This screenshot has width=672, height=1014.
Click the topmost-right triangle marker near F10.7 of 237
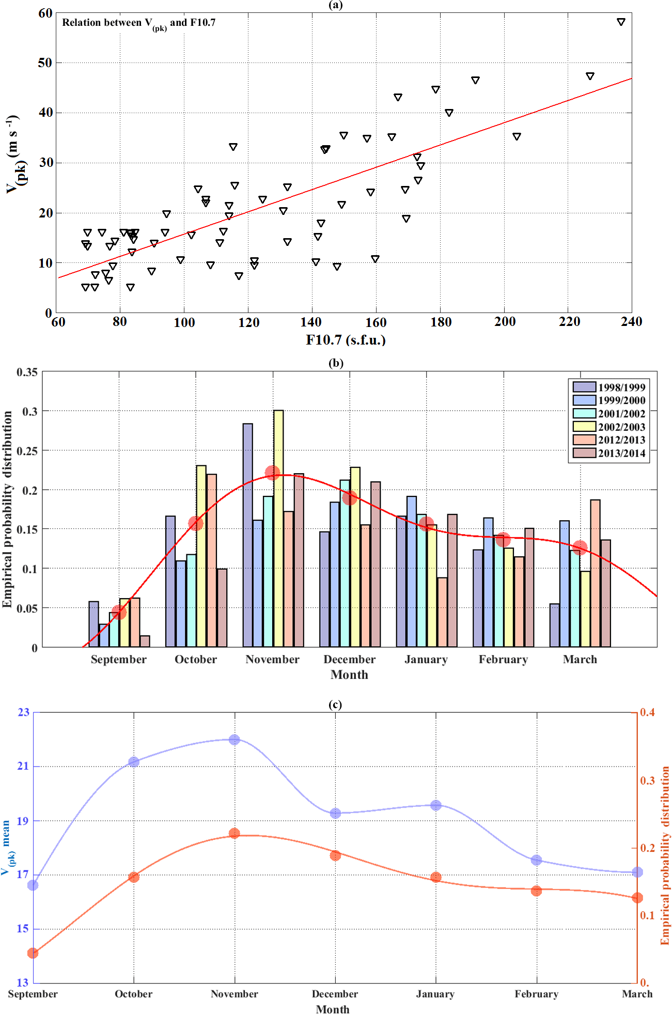pyautogui.click(x=621, y=22)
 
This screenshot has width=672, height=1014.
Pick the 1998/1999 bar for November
pyautogui.click(x=248, y=535)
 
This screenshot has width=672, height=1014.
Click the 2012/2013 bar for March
pyautogui.click(x=595, y=573)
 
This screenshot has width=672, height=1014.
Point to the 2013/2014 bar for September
pyautogui.click(x=145, y=641)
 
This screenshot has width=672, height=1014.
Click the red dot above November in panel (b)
pyautogui.click(x=272, y=473)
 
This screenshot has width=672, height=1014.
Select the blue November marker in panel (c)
pyautogui.click(x=235, y=740)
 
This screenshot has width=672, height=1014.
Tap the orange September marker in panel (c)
pyautogui.click(x=33, y=953)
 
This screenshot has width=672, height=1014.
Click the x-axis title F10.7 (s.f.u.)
pyautogui.click(x=346, y=340)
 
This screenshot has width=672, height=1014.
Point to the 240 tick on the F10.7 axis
pyautogui.click(x=631, y=322)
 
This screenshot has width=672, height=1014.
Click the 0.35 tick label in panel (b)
pyautogui.click(x=27, y=372)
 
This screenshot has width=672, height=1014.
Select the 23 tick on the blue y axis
pyautogui.click(x=23, y=712)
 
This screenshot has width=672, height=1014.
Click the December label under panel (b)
pyautogui.click(x=349, y=660)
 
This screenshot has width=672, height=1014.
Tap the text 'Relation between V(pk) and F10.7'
pyautogui.click(x=138, y=23)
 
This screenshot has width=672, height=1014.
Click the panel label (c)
pyautogui.click(x=335, y=705)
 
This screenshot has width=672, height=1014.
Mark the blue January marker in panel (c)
pyautogui.click(x=436, y=805)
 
